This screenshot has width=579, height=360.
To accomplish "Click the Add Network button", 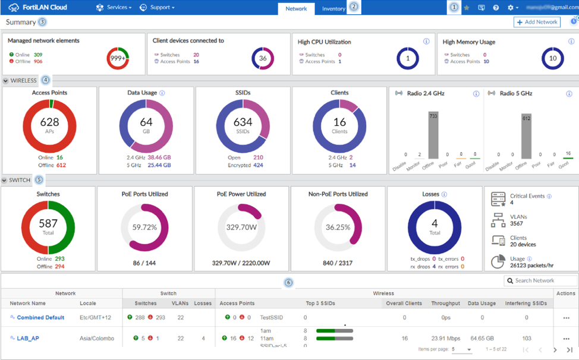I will (537, 22).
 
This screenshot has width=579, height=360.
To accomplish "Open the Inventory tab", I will (333, 8).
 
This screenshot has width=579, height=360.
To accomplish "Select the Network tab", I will (296, 8).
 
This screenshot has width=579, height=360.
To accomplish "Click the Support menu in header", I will (158, 7).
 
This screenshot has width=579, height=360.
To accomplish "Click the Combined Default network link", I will (40, 317).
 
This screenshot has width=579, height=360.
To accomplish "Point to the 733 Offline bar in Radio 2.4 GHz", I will (433, 134).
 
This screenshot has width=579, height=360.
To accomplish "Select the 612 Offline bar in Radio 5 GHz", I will (526, 135).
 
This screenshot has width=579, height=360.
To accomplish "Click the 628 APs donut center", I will (49, 125).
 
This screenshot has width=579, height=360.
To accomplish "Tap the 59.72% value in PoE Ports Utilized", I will (144, 227).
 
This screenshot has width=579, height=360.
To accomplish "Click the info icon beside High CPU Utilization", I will (426, 42).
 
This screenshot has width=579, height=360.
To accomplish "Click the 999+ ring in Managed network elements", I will (118, 58).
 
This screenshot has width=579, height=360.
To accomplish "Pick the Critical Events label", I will (527, 196).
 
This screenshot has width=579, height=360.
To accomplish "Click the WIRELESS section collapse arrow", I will (5, 81).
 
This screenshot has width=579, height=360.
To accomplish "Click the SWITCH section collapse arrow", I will (5, 180).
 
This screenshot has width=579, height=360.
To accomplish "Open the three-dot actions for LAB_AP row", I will (566, 338).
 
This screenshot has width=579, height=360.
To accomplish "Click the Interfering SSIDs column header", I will (526, 303).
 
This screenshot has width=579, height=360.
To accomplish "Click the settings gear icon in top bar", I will (511, 8).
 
